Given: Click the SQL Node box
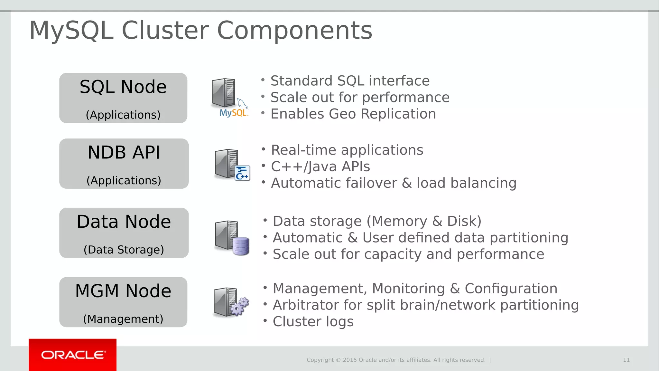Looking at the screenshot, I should point(123,98).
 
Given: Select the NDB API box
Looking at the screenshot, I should point(124,164).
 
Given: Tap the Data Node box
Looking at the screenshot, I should point(124,233).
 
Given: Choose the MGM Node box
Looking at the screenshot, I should point(123,302).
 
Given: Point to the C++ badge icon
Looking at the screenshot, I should point(242,173).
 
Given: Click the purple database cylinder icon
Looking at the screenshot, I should point(241,246).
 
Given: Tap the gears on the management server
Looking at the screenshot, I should point(240,306).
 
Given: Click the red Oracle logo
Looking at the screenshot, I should point(73,355).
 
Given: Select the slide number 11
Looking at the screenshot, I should point(626,360).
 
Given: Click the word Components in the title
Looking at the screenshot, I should point(294,30).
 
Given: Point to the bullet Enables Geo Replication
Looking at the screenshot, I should point(353,114).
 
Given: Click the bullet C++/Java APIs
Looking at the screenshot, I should point(320,167).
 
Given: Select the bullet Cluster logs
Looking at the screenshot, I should point(313,321).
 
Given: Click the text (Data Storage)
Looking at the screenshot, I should point(124,250).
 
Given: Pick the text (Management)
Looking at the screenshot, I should point(123,319).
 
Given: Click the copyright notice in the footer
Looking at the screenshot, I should point(396,360).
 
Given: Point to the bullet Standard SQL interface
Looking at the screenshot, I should point(350,81).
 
